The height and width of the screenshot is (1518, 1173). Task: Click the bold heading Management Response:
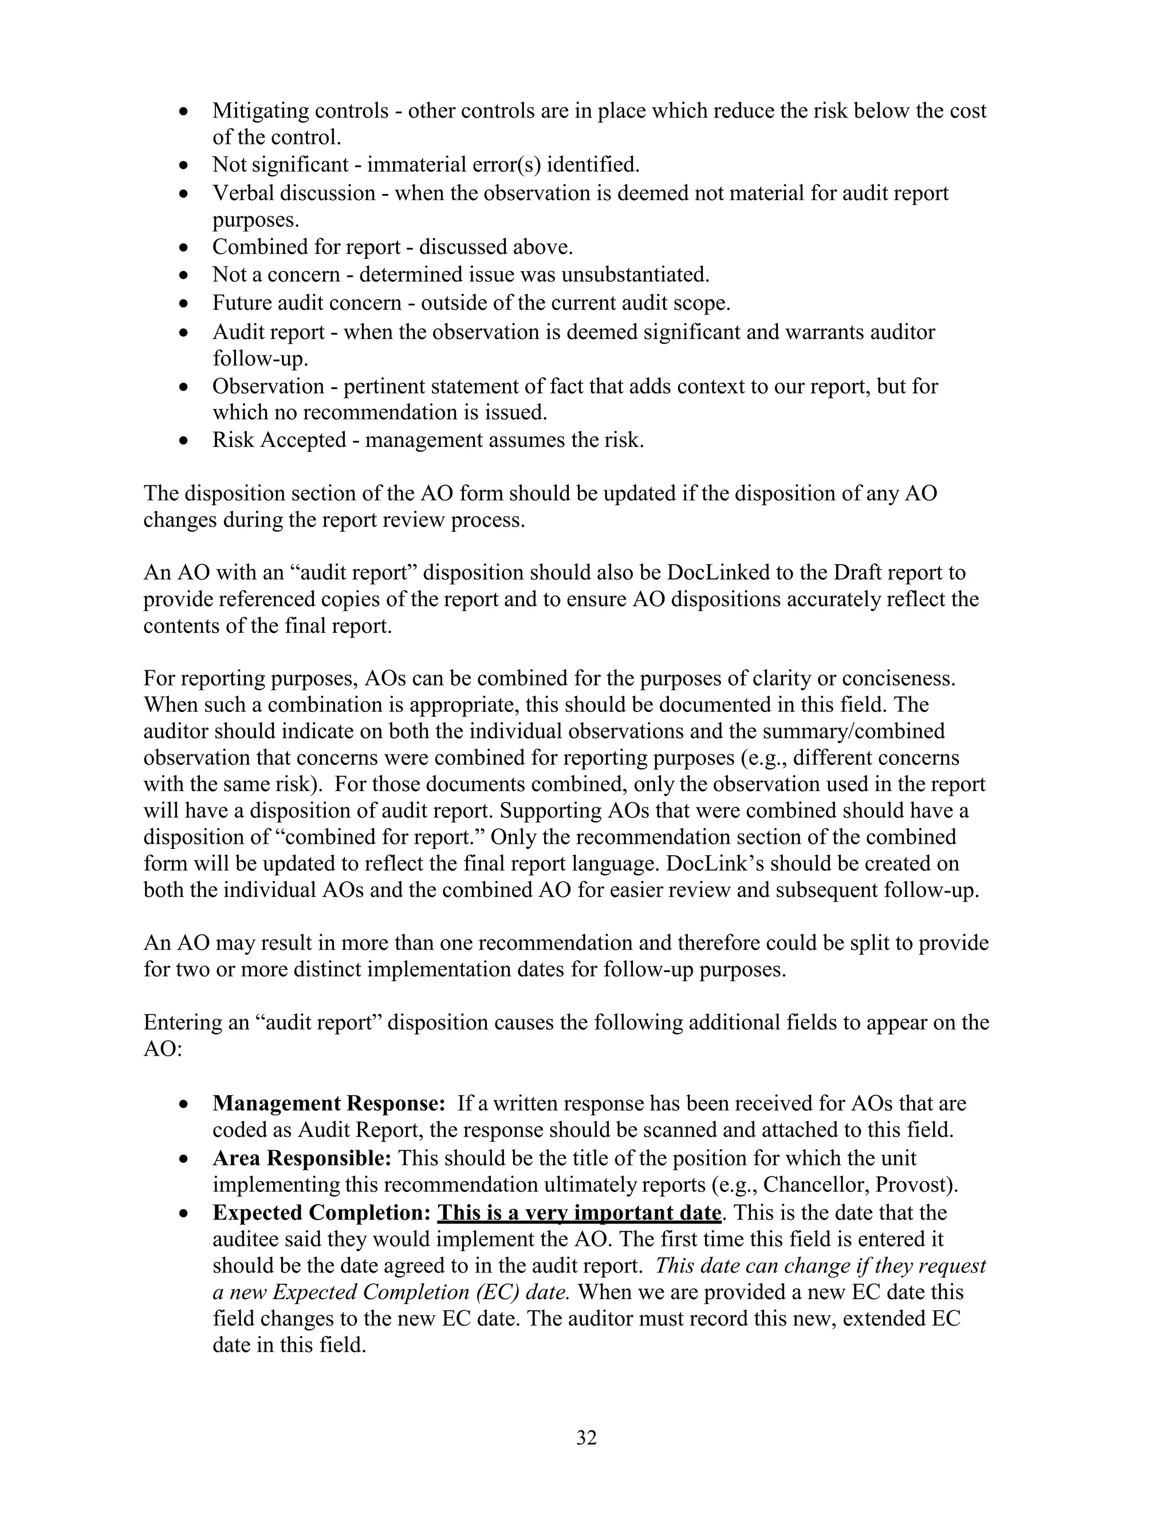click(x=328, y=1103)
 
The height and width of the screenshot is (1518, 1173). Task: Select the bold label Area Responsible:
click(x=302, y=1158)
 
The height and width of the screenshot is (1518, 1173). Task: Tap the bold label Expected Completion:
click(x=322, y=1212)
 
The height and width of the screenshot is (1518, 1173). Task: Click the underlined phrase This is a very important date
click(x=579, y=1212)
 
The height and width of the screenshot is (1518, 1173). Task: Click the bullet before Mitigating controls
click(x=183, y=111)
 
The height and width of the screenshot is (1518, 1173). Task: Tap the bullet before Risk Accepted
click(x=183, y=441)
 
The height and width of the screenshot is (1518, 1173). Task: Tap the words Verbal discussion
click(x=293, y=192)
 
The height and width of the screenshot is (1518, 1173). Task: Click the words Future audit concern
click(x=306, y=303)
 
